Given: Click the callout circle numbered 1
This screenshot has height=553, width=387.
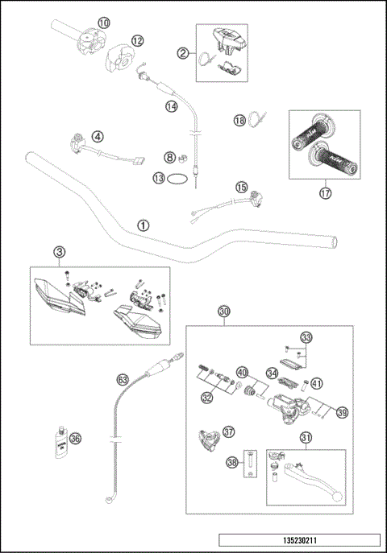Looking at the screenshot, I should (143, 225).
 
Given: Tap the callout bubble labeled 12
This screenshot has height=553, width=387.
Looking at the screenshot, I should (138, 39).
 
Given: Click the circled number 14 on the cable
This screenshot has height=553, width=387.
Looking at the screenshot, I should (171, 106).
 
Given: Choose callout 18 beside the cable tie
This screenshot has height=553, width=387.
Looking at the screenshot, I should (239, 120).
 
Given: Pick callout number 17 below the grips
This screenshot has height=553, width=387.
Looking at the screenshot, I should (325, 192).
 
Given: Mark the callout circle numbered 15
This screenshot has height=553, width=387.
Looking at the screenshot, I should (241, 188).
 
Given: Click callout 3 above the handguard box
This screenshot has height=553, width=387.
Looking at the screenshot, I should (59, 252).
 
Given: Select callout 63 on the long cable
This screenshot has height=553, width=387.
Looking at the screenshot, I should (123, 378).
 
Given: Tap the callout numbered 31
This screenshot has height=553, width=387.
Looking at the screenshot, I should (306, 438).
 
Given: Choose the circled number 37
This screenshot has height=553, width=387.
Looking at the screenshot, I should (229, 431).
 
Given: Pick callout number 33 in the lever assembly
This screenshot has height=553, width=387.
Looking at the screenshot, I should (306, 336).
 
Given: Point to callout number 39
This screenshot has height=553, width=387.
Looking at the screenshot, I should (342, 412).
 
